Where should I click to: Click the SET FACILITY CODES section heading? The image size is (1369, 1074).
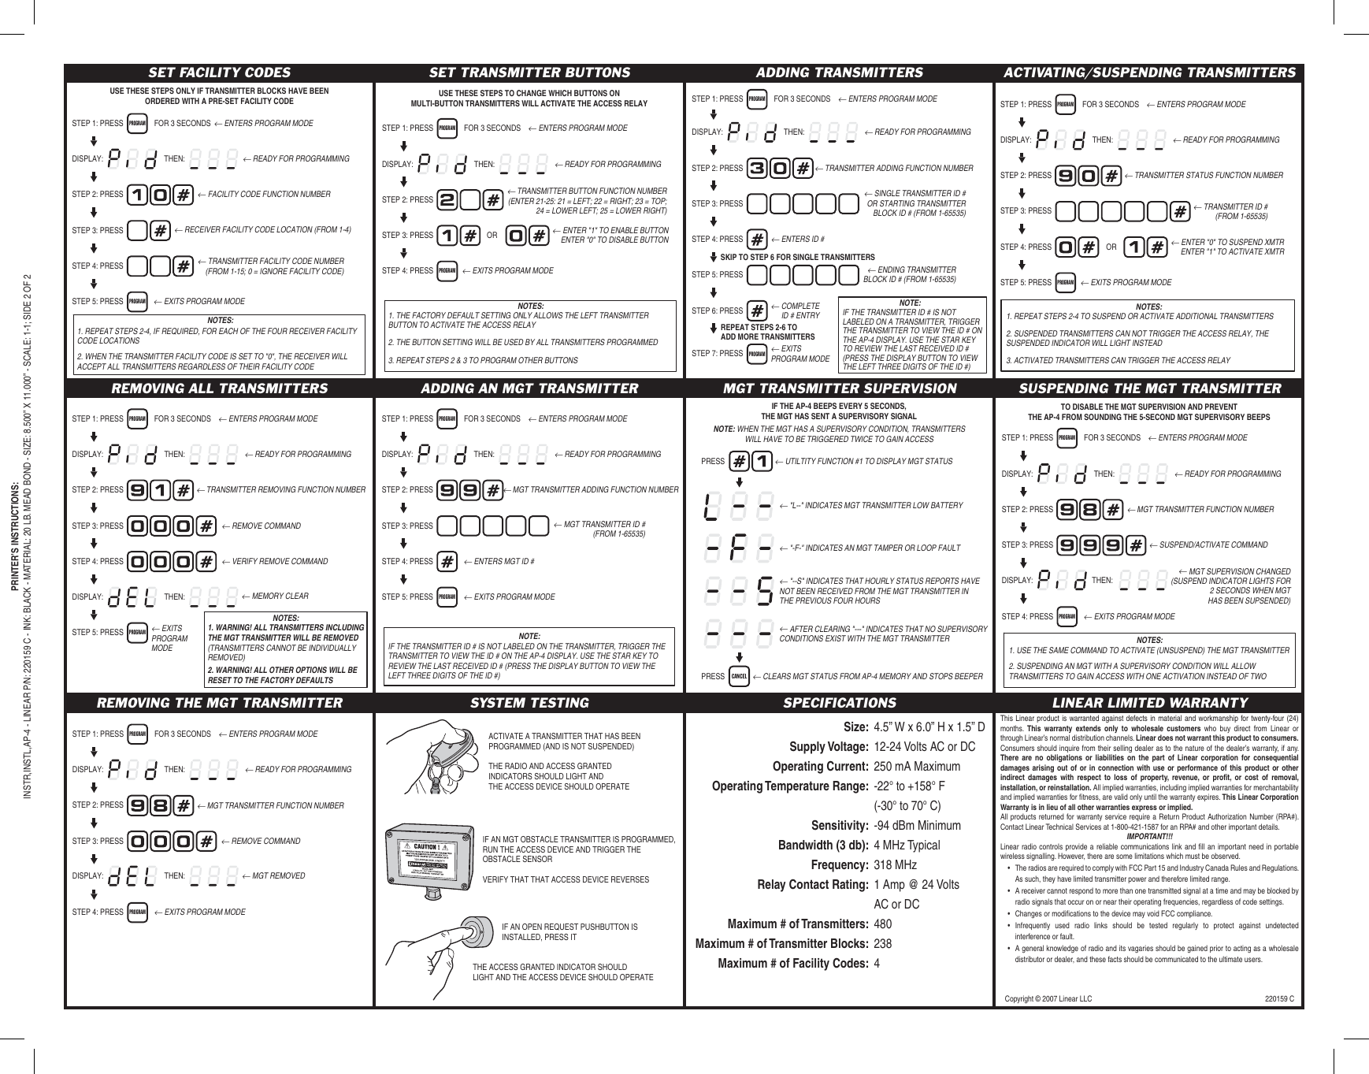pos(220,72)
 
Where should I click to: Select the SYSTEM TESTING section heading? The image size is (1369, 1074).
pos(530,703)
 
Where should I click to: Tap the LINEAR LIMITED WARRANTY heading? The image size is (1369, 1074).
pos(1149,703)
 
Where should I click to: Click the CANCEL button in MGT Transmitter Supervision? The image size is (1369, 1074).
pos(739,676)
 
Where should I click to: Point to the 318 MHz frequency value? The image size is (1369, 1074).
pos(896,865)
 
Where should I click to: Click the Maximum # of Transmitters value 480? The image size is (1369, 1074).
pos(883,924)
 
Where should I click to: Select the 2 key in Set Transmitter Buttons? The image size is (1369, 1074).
pos(447,200)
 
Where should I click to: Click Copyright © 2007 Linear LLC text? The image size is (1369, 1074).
pos(1048,999)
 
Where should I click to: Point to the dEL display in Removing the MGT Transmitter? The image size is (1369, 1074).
pos(132,876)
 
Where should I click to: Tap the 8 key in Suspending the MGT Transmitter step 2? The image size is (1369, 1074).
pos(1090,509)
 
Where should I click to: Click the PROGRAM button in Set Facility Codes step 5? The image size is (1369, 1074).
pos(137,302)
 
